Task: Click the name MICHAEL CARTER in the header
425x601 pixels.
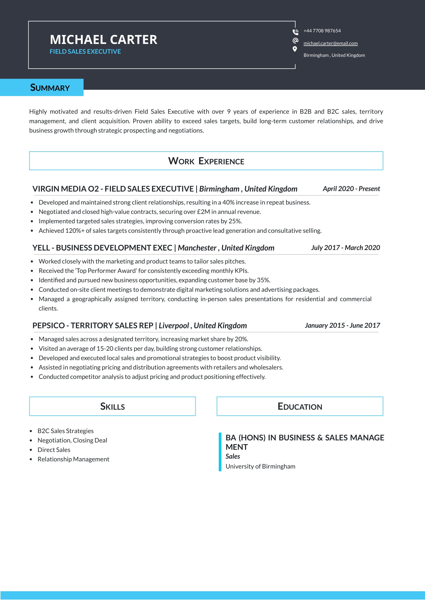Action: tap(103, 40)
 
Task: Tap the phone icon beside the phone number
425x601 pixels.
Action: tap(295, 32)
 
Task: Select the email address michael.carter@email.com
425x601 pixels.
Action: tap(330, 43)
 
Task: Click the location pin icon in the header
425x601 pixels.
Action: tap(295, 49)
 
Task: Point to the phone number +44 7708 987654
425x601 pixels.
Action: tap(322, 31)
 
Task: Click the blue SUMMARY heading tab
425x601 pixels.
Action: tap(50, 87)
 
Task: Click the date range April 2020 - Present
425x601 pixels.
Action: tap(351, 189)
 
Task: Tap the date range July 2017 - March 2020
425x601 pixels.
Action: tap(345, 248)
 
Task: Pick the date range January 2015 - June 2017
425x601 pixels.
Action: tap(342, 325)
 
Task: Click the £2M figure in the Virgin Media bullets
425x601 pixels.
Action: tap(203, 212)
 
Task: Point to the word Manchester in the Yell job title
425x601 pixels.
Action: tap(197, 248)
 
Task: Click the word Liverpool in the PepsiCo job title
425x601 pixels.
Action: tap(174, 326)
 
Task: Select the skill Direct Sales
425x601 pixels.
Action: tap(54, 450)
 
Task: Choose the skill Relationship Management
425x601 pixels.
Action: tap(73, 459)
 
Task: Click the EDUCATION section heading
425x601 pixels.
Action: tap(300, 406)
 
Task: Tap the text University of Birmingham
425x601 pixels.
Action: tap(260, 466)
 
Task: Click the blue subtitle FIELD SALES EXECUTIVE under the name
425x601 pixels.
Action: tap(85, 52)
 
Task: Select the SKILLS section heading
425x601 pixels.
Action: tap(112, 406)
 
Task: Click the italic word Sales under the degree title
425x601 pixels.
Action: tap(232, 457)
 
